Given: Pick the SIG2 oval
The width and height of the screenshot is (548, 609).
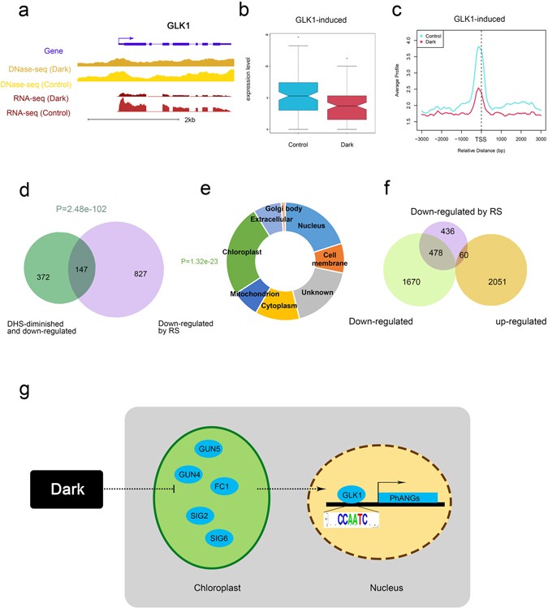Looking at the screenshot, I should (x=188, y=515).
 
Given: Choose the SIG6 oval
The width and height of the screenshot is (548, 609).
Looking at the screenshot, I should (x=220, y=538).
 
